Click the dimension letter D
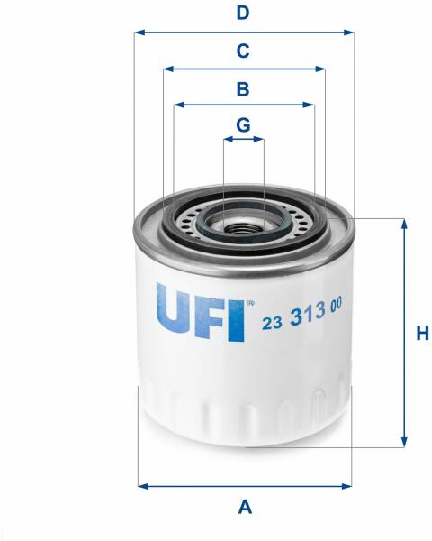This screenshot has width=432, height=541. tap(243, 14)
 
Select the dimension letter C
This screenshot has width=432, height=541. tap(243, 50)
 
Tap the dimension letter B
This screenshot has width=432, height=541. tap(243, 88)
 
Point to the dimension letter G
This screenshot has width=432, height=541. tap(243, 124)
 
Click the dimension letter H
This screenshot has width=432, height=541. tap(422, 334)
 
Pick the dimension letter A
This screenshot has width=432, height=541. tap(245, 507)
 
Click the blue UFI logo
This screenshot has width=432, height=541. tap(201, 312)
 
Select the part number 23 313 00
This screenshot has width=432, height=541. tap(302, 314)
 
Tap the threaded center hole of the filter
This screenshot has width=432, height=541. tap(241, 228)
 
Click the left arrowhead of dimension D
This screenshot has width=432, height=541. tap(139, 32)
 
